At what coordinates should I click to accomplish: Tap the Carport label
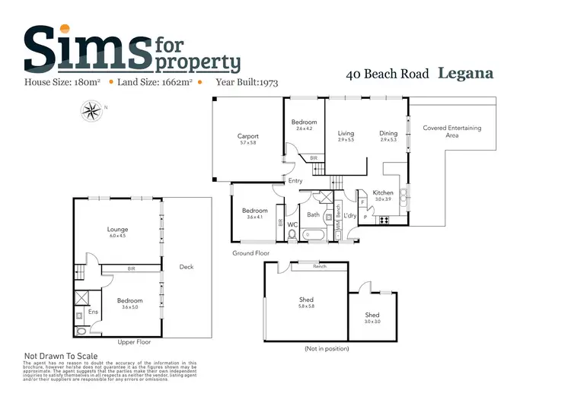click(x=248, y=136)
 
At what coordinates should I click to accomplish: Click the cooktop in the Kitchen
click(x=383, y=221)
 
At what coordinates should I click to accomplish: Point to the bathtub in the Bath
click(x=313, y=236)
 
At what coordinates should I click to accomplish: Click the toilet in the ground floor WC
click(x=292, y=235)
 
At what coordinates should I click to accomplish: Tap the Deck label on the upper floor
click(x=186, y=267)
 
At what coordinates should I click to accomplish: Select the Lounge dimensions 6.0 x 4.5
click(x=117, y=236)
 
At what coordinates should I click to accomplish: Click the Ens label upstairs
click(x=93, y=311)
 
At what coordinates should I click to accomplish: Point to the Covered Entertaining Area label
click(x=452, y=132)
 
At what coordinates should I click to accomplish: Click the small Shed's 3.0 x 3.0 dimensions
click(x=372, y=322)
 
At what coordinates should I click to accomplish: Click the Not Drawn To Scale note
click(x=62, y=355)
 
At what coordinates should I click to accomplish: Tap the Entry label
click(x=295, y=181)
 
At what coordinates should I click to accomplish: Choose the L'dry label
click(x=350, y=216)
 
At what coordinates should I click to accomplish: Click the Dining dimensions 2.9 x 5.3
click(x=388, y=141)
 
